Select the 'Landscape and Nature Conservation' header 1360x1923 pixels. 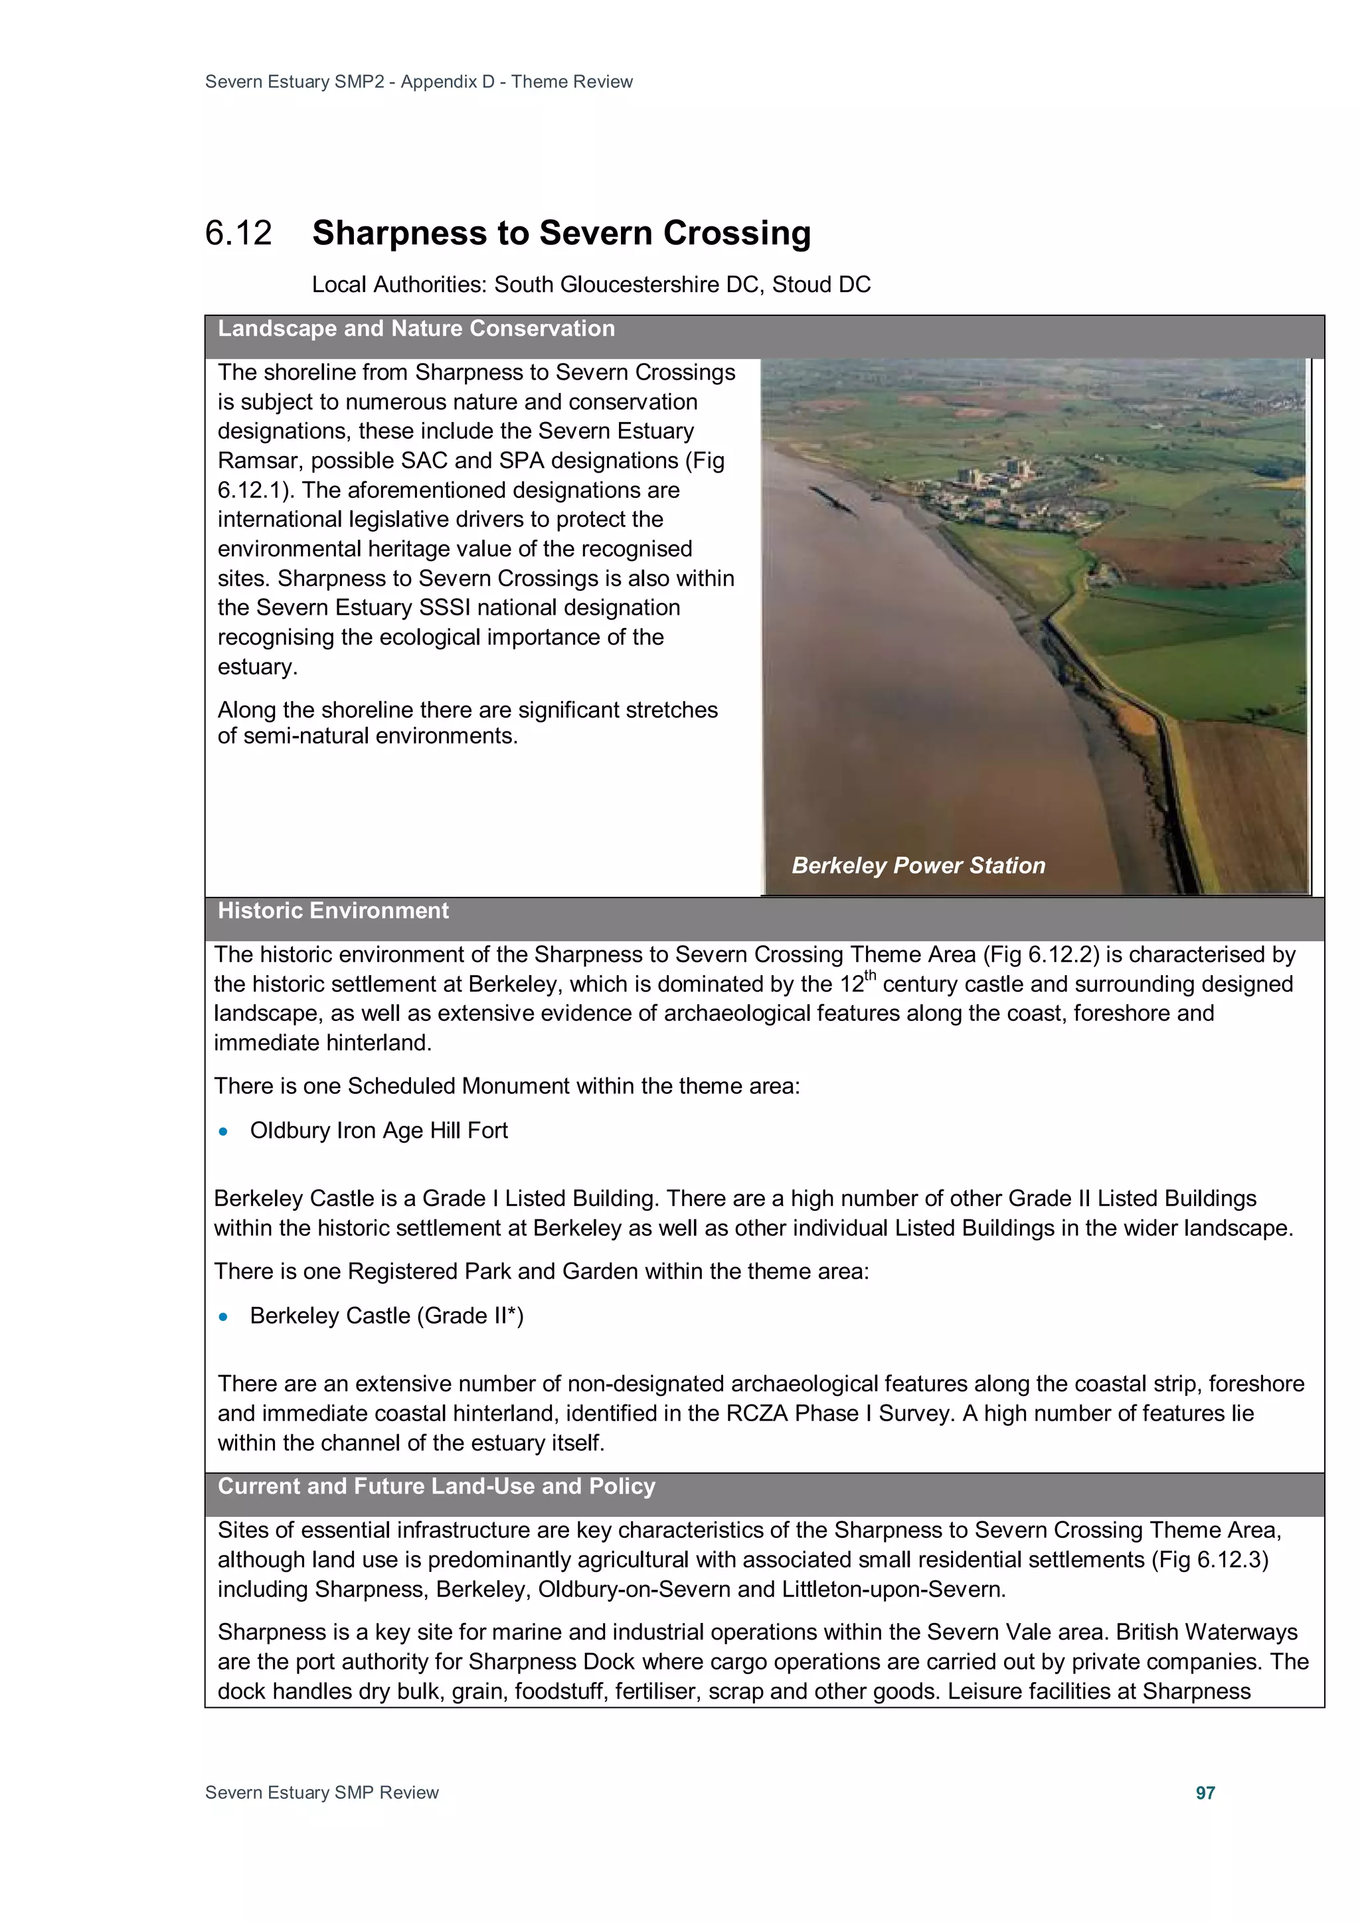pos(416,329)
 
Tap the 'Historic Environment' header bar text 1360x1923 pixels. pos(333,911)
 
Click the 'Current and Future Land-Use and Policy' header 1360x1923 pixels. pos(436,1486)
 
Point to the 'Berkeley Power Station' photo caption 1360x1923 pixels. pos(918,865)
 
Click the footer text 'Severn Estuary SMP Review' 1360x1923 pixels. pos(322,1792)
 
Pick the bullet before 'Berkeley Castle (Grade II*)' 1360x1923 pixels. pos(223,1316)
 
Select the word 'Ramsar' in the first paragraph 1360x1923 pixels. pos(256,461)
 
